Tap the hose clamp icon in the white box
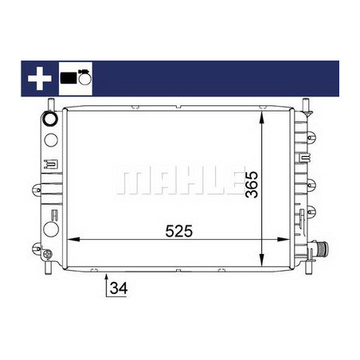click(x=76, y=78)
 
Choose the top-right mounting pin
click(x=305, y=104)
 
